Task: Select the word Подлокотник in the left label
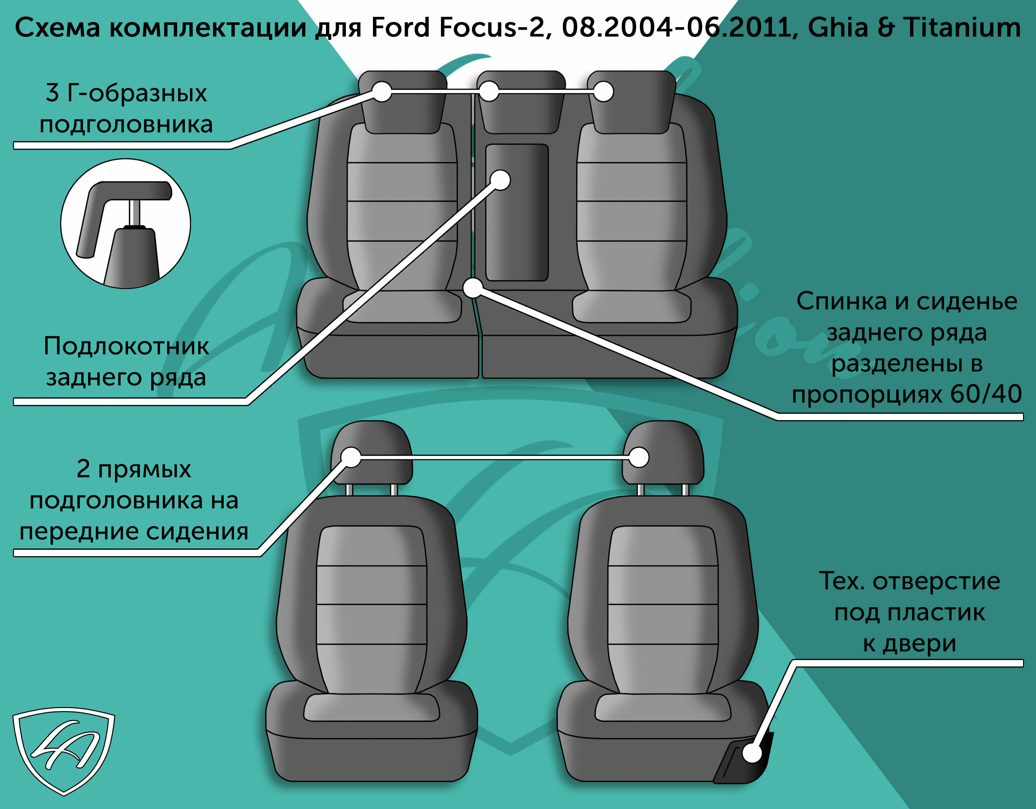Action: (x=126, y=346)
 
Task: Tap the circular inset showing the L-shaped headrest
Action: (x=126, y=223)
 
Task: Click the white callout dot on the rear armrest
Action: (x=500, y=180)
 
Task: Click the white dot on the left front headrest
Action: (x=351, y=457)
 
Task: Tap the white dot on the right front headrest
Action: (x=639, y=458)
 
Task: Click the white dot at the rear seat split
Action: (x=473, y=288)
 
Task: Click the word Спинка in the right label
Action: (x=841, y=302)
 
